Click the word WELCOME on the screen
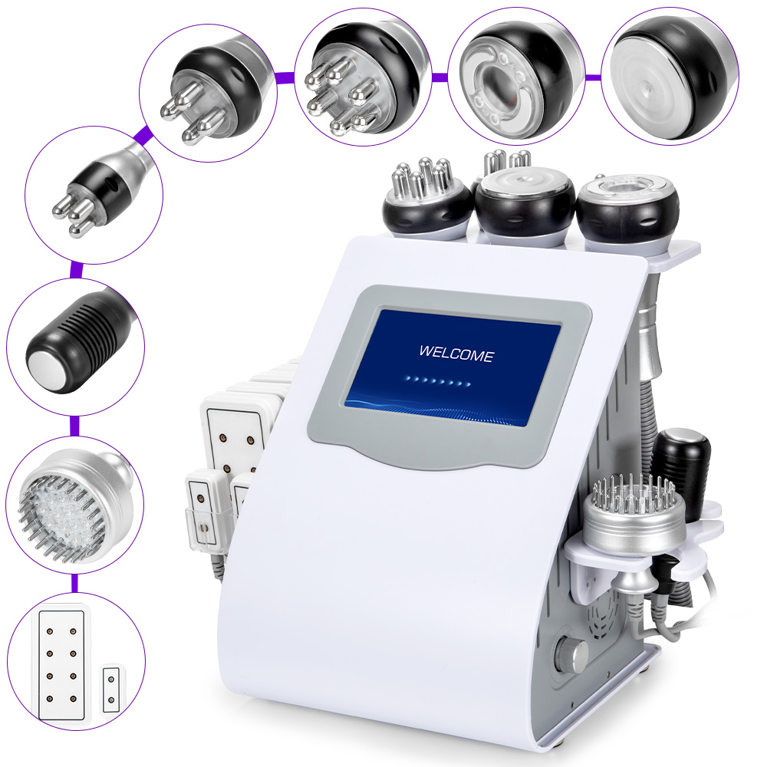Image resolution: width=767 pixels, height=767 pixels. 456,354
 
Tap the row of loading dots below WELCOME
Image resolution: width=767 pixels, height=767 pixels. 437,379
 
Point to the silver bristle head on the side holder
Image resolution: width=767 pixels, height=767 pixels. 632,509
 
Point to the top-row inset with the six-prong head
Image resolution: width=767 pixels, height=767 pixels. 360,75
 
